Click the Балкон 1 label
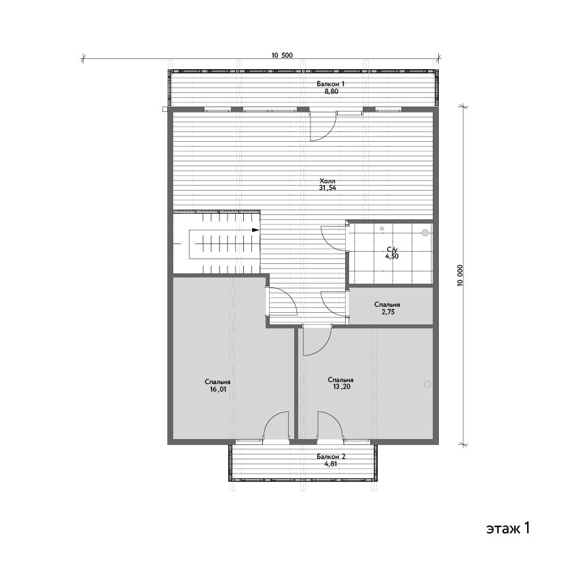click(x=331, y=84)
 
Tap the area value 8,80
click(x=332, y=92)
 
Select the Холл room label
click(x=327, y=181)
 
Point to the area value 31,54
click(x=327, y=188)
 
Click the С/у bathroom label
click(x=392, y=250)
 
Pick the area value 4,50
click(x=392, y=256)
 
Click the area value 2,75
click(x=387, y=312)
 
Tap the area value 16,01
click(x=217, y=389)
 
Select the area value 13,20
click(x=342, y=387)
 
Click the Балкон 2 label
click(x=331, y=457)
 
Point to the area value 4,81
click(x=331, y=464)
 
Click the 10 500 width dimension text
click(x=282, y=56)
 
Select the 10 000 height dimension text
click(x=460, y=275)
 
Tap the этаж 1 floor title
click(x=507, y=529)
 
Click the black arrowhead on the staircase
click(x=255, y=230)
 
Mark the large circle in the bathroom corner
click(x=425, y=232)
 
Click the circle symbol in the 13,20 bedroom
click(x=427, y=384)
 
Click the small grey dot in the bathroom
click(x=382, y=229)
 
